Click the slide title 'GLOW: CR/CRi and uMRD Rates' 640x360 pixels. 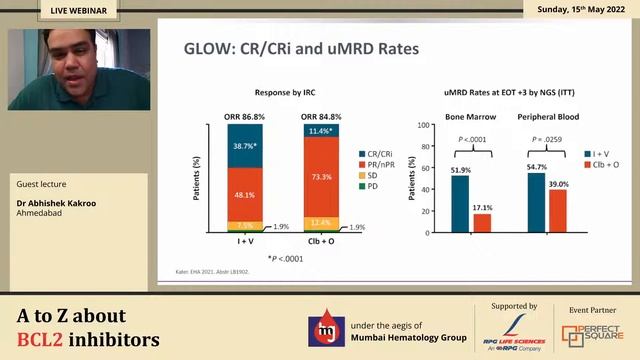click(302, 48)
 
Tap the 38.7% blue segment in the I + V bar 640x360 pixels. click(245, 146)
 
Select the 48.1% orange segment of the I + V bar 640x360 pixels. click(245, 196)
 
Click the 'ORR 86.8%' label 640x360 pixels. click(245, 116)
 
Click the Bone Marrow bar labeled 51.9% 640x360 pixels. click(460, 204)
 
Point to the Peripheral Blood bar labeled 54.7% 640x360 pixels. click(536, 202)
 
